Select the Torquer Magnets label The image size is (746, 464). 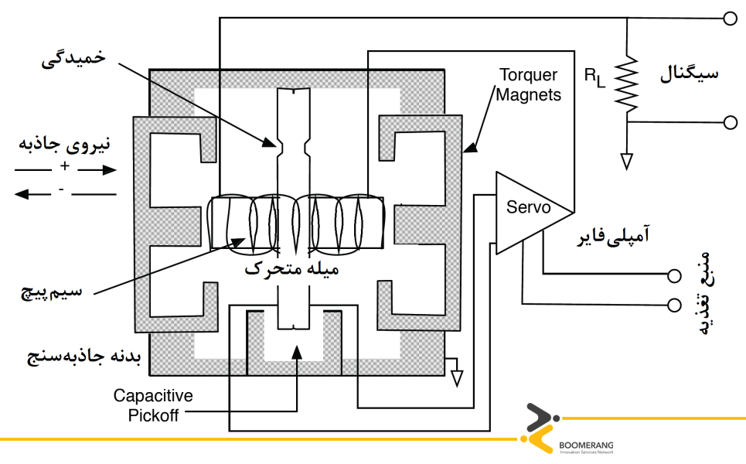coord(528,85)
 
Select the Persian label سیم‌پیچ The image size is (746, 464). coord(51,292)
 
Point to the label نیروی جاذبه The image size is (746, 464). coord(65,145)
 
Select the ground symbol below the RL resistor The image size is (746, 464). coord(627,160)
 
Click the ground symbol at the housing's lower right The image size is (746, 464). coord(457,377)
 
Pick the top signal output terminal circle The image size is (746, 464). coord(729,19)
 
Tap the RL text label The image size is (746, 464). coord(594,76)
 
